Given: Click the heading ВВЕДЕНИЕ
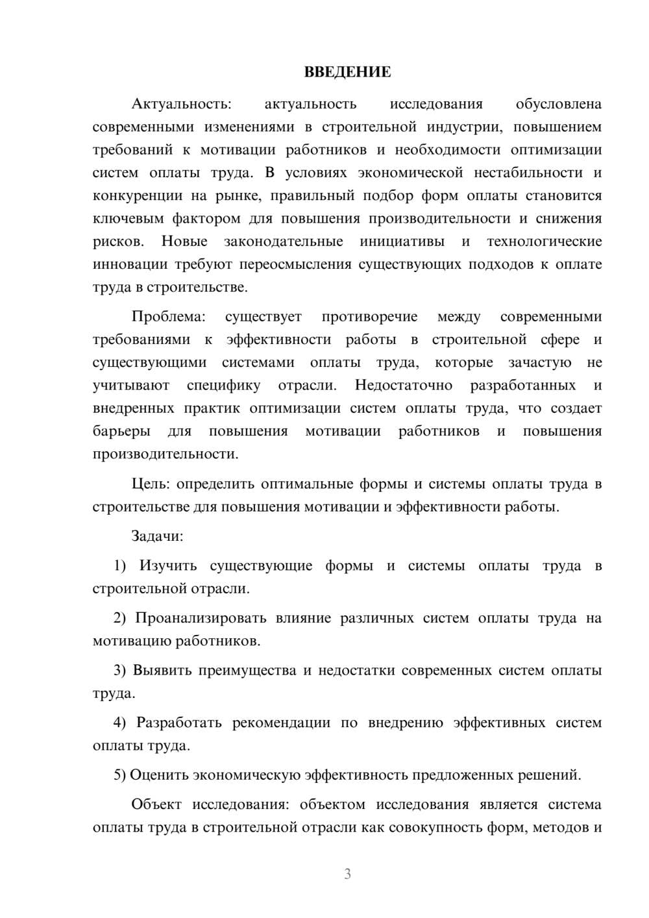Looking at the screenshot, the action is point(347,72).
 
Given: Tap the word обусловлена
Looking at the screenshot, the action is point(558,104).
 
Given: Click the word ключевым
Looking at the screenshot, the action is point(125,218).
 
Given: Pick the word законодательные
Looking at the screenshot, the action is point(283,242).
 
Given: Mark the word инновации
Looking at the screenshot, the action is point(130,264).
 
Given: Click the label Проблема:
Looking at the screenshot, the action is point(168,317).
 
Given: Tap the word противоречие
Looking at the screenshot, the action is point(369,317).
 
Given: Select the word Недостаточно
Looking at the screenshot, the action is point(403,385).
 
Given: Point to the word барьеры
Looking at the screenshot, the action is point(121,431).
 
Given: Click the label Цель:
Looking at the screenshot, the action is point(150,484).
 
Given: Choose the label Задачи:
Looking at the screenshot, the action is point(157,536).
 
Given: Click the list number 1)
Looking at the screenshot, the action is point(120,566).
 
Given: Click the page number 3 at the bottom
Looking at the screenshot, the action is point(347,874).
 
